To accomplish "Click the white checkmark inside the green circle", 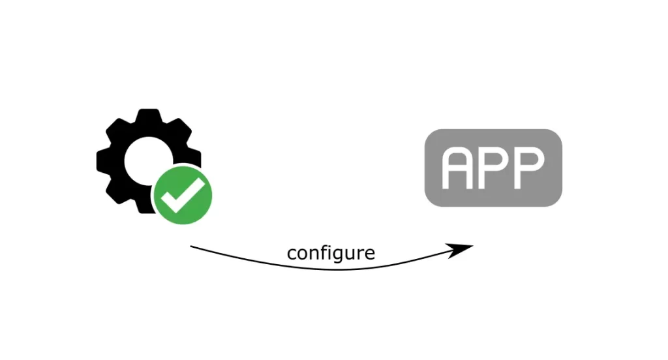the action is (183, 196).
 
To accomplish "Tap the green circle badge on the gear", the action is (183, 196).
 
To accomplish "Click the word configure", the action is (331, 253).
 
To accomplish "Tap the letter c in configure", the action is (292, 254).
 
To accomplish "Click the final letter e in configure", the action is (370, 254).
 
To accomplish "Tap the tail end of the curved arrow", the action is (191, 247).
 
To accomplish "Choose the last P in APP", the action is (530, 168).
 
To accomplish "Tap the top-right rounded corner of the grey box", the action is (556, 136).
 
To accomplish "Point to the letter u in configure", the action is (348, 254).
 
